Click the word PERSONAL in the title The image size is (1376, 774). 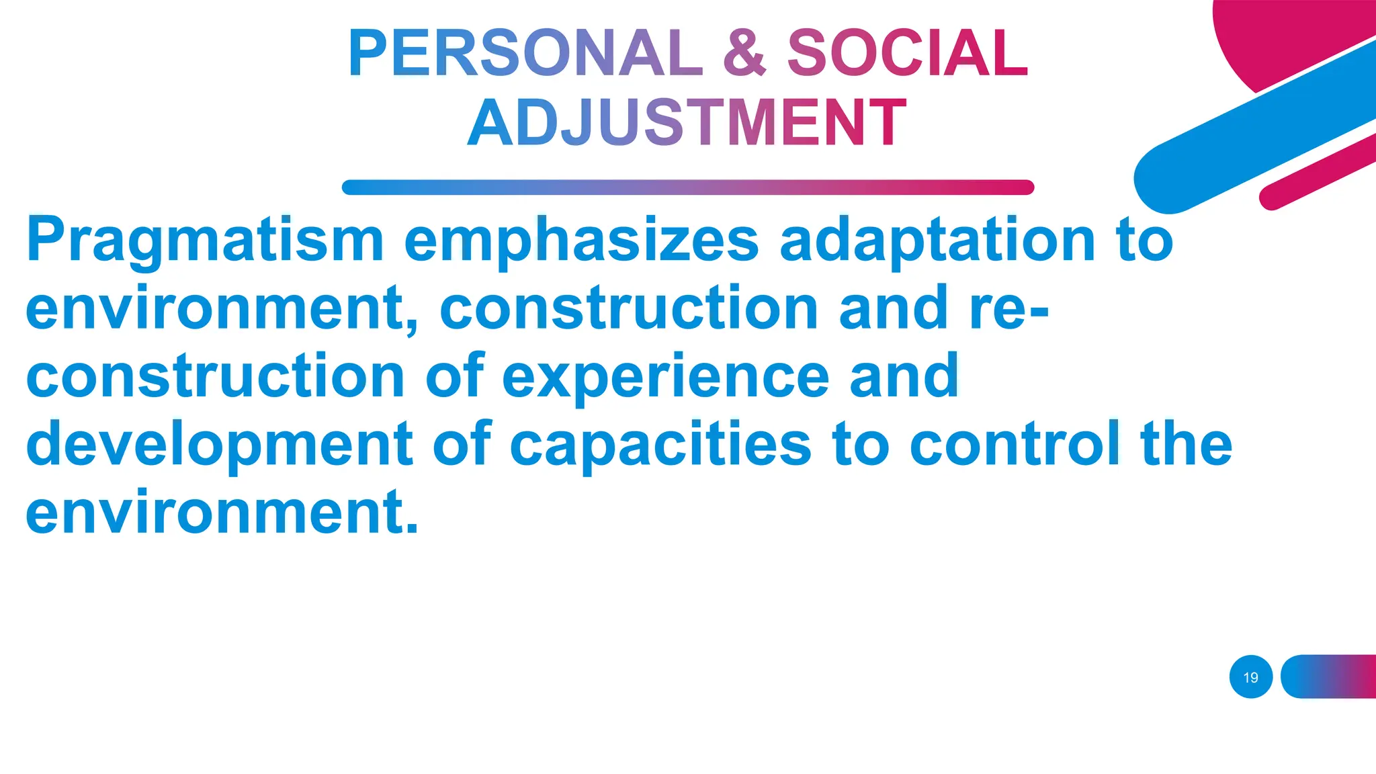tap(525, 54)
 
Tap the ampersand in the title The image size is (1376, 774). tap(744, 54)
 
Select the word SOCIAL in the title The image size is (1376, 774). tap(907, 54)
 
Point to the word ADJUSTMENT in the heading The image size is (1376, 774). tap(687, 123)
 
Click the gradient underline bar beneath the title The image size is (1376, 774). tap(687, 187)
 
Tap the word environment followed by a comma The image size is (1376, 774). tap(222, 309)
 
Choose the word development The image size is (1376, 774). tap(219, 445)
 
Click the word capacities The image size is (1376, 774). tap(660, 445)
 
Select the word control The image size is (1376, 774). tap(1015, 445)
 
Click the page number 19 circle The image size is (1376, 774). tap(1250, 677)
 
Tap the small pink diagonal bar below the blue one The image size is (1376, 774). tap(1317, 171)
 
